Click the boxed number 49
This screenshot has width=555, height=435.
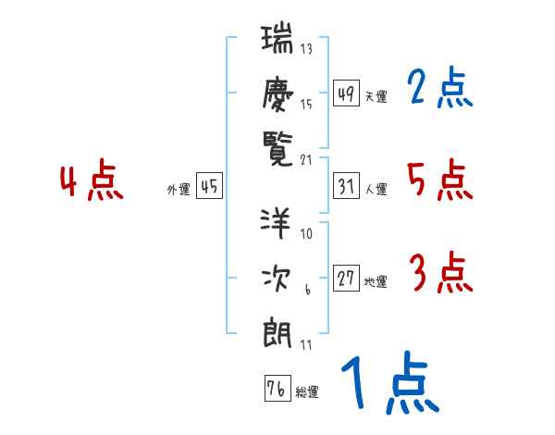pyautogui.click(x=346, y=93)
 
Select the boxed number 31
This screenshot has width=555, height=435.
pyautogui.click(x=346, y=186)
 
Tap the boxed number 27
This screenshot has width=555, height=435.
pyautogui.click(x=346, y=279)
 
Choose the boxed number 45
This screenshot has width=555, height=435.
pyautogui.click(x=209, y=186)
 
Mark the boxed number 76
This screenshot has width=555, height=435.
pyautogui.click(x=275, y=388)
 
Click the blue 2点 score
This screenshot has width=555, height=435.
pyautogui.click(x=439, y=88)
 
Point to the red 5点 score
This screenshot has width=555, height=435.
pyautogui.click(x=439, y=180)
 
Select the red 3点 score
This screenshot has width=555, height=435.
pyautogui.click(x=439, y=274)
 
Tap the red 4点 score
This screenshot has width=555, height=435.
pyautogui.click(x=91, y=182)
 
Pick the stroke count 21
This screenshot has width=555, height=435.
pyautogui.click(x=306, y=159)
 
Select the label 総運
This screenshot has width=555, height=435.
pyautogui.click(x=306, y=392)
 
